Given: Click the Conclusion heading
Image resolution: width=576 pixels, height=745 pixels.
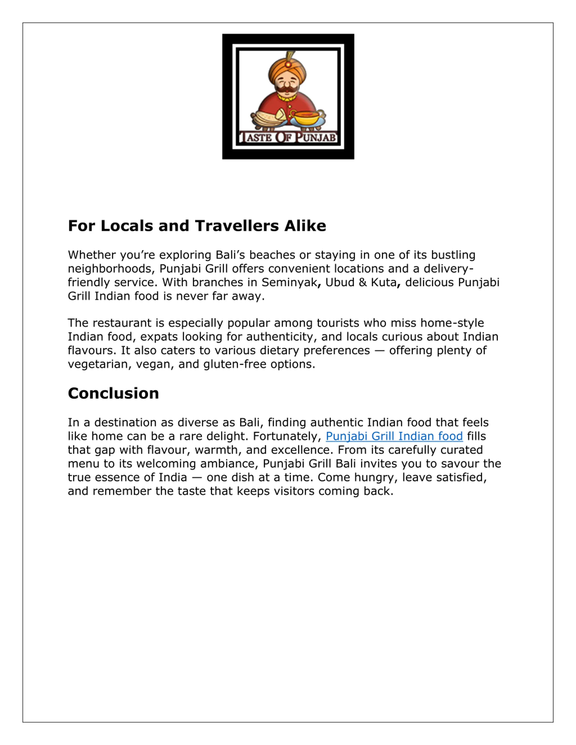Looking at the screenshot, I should coord(113,393).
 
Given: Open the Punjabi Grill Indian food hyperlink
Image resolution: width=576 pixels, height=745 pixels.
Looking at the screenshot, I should coord(394,436).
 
